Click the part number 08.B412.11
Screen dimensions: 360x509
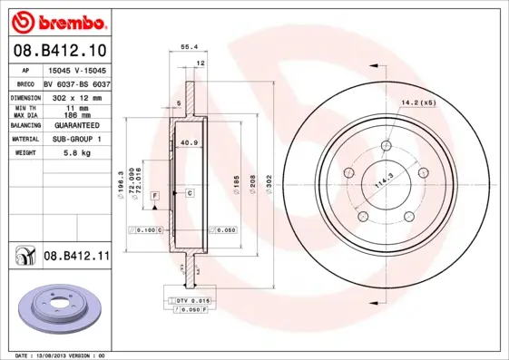coord(75,257)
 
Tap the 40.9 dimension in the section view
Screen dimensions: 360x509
coord(189,142)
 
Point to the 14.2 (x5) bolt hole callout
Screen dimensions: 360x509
coord(418,102)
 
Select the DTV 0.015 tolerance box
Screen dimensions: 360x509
coord(192,299)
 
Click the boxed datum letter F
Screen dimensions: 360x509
coord(154,195)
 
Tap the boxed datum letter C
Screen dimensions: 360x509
coord(190,194)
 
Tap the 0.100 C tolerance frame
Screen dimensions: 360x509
coord(146,230)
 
